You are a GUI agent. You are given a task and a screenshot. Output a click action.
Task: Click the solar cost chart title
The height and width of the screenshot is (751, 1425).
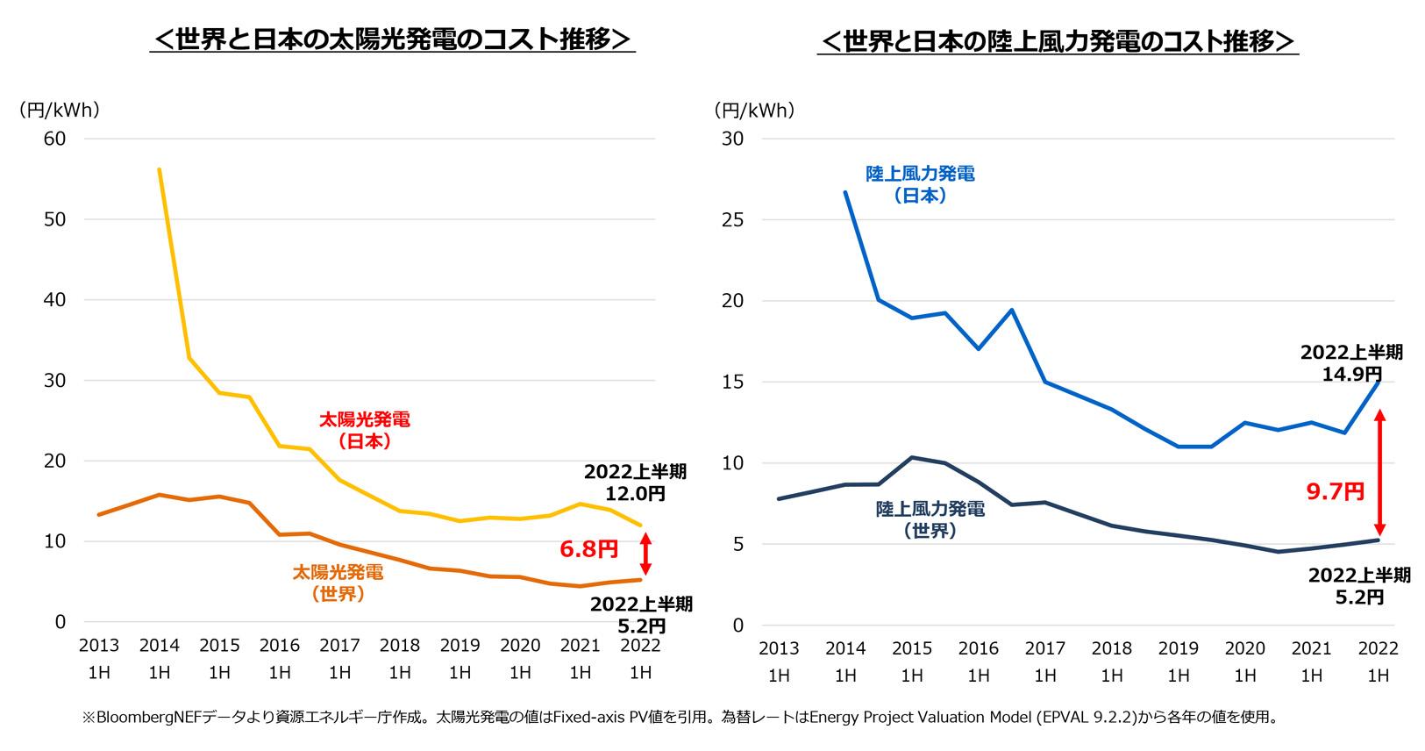click(x=392, y=40)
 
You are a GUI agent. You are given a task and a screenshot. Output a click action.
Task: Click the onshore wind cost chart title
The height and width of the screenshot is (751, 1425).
click(x=1057, y=41)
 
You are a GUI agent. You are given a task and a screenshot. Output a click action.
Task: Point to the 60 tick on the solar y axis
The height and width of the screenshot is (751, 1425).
click(x=55, y=139)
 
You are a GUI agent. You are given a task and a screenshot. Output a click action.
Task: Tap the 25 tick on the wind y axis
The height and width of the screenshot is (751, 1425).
click(x=731, y=219)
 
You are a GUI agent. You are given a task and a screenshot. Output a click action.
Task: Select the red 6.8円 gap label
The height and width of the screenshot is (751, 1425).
click(x=588, y=550)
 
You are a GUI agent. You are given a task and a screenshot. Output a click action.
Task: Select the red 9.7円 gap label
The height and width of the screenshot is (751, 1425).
click(x=1335, y=491)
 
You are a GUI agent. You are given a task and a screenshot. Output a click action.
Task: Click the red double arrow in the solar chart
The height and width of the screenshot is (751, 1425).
click(x=645, y=554)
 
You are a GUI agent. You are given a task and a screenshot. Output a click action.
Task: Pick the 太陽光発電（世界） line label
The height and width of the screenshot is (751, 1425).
click(x=338, y=583)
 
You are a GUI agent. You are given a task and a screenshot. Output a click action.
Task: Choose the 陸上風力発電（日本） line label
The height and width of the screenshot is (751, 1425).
click(x=920, y=184)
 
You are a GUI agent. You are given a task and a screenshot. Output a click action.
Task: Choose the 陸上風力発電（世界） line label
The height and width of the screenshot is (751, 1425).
click(x=930, y=519)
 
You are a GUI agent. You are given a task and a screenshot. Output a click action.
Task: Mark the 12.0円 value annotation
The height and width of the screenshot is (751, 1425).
click(x=636, y=494)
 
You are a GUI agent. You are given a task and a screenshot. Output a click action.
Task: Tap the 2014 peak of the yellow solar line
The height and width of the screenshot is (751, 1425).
click(x=159, y=169)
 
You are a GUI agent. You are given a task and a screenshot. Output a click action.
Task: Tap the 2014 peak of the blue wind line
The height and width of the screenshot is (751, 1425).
click(x=845, y=192)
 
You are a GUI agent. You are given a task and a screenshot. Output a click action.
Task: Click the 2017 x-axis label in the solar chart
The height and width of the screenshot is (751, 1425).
click(x=339, y=646)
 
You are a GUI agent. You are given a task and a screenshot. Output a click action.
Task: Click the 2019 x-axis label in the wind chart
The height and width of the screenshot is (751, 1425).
click(x=1178, y=648)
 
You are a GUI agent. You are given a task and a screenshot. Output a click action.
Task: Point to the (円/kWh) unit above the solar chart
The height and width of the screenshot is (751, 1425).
click(x=59, y=110)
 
